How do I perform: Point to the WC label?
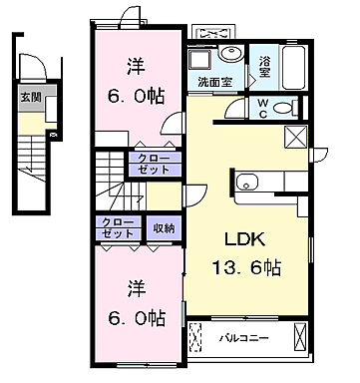coord(258,108)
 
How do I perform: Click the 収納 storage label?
coord(164,229)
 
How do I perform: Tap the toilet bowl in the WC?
coord(283,109)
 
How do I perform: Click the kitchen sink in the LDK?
coord(246,183)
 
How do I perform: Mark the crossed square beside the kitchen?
coord(298,139)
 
